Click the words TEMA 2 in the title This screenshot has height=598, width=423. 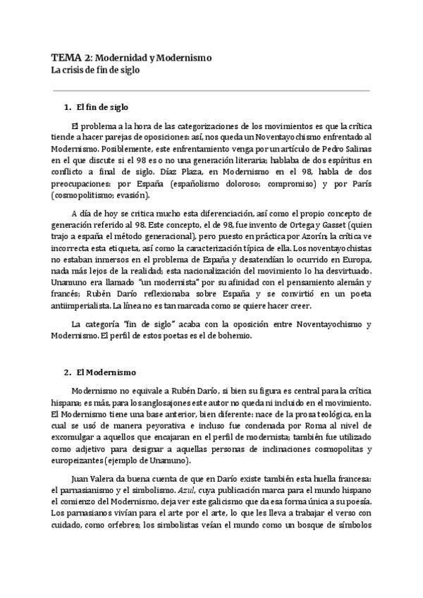[70, 58]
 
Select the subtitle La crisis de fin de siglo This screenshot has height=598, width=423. [95, 70]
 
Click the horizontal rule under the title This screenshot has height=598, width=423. [211, 90]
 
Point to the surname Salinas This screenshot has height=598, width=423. [355, 150]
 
